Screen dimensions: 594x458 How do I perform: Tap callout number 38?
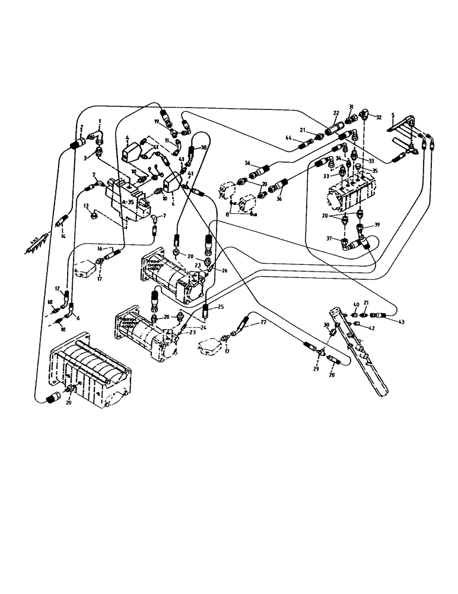pos(203,147)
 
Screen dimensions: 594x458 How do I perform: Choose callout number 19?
pos(157,121)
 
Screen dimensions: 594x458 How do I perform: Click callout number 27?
pos(263,323)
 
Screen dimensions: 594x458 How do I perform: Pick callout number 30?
pos(326,324)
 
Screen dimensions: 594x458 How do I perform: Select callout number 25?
pos(220,307)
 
